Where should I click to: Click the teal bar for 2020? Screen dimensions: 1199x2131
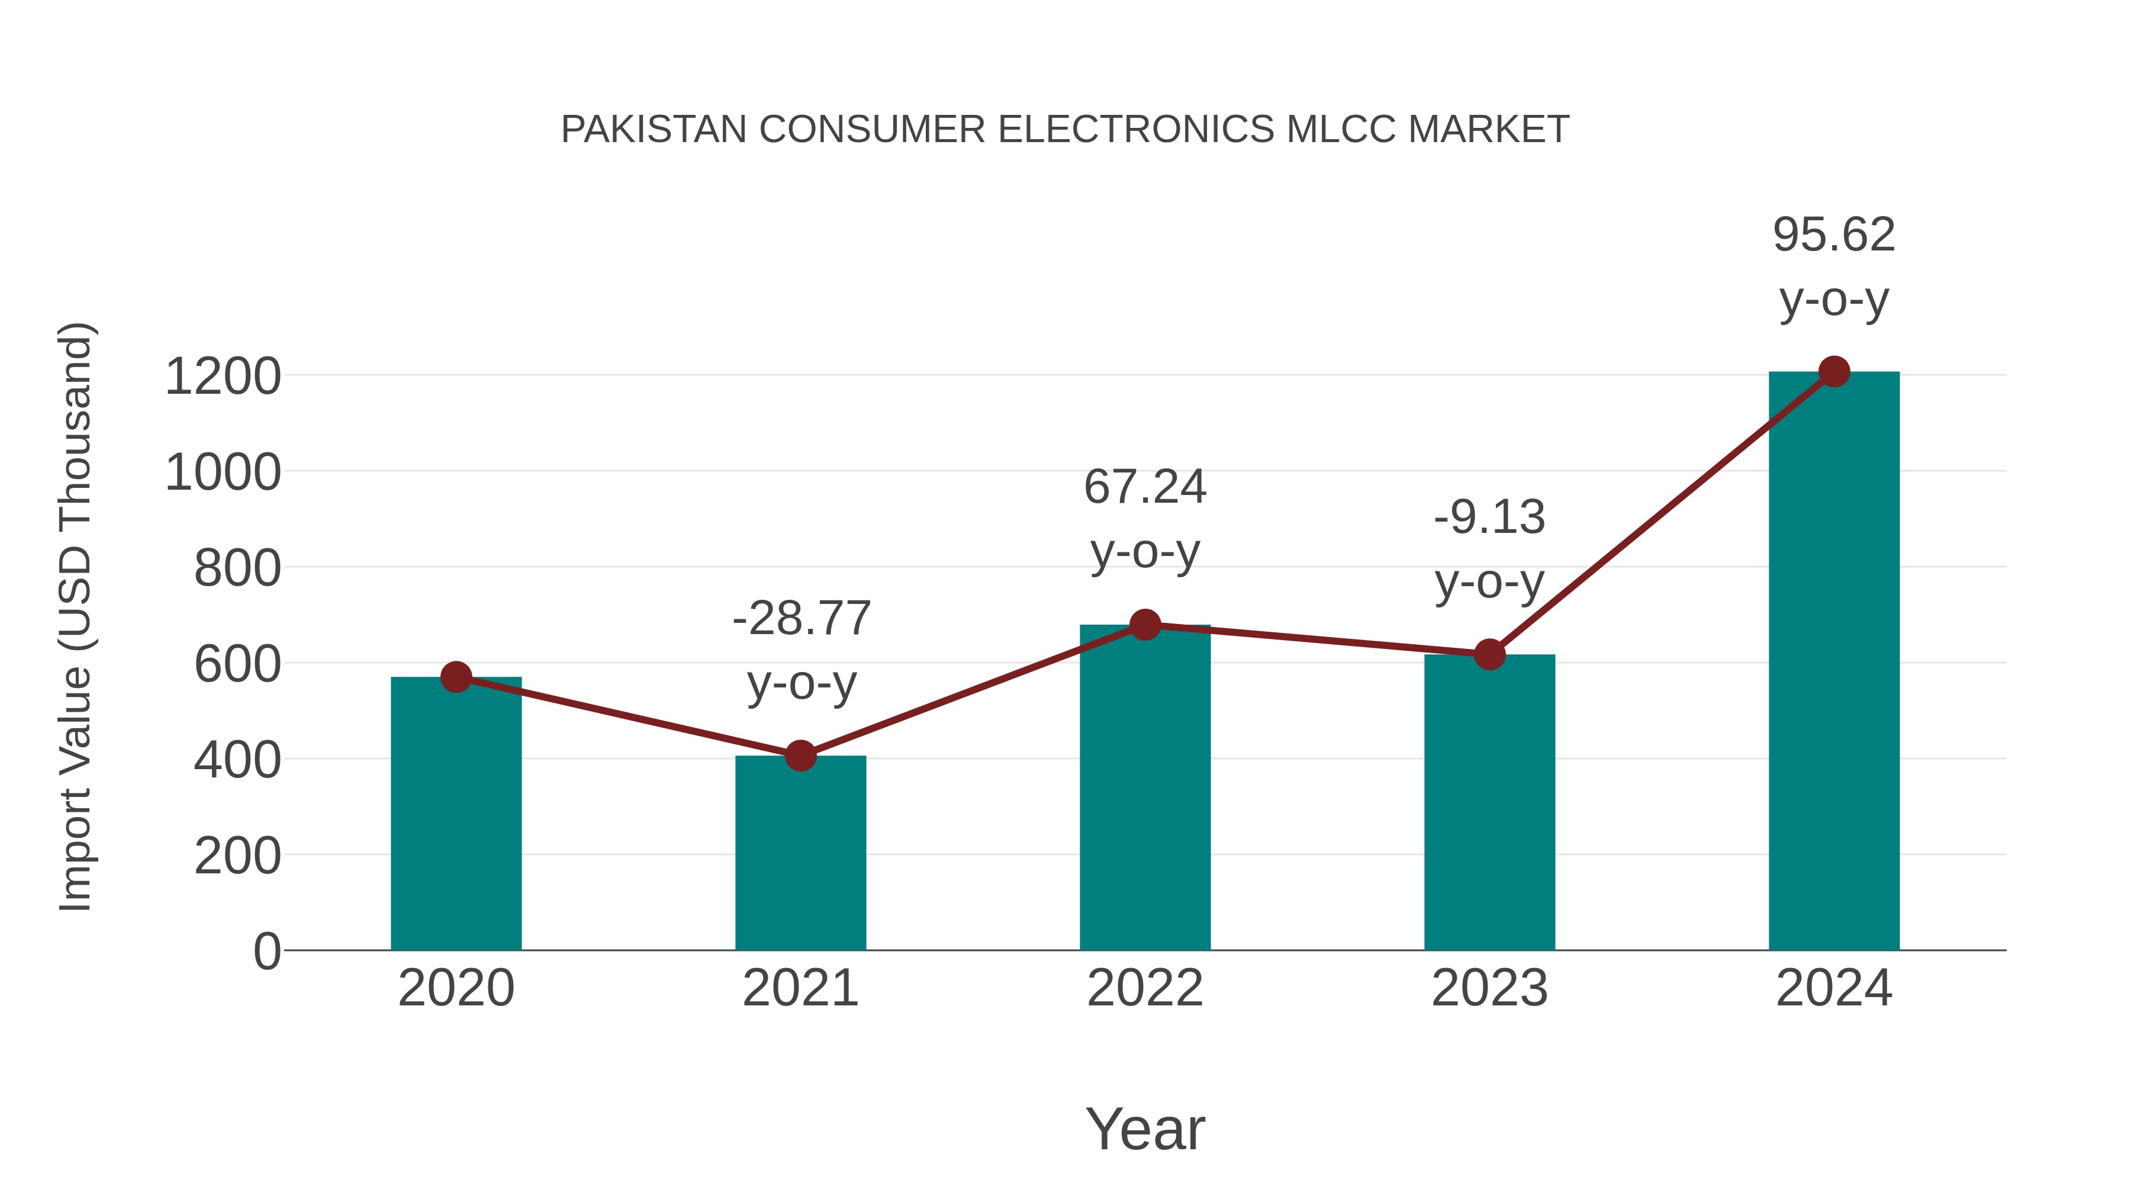(x=456, y=815)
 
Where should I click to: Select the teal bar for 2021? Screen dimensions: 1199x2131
(x=800, y=853)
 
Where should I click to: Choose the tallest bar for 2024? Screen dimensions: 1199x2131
(x=1834, y=662)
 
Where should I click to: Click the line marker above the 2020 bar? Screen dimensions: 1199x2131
(x=456, y=677)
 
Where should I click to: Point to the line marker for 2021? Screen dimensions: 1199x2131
(x=800, y=755)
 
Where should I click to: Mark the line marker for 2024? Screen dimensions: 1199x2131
(x=1834, y=371)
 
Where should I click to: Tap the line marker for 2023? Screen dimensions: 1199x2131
(x=1489, y=654)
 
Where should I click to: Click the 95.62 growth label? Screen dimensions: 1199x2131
(x=1834, y=235)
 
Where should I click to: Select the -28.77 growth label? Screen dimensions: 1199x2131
(x=801, y=619)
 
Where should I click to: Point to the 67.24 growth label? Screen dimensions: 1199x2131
(x=1145, y=487)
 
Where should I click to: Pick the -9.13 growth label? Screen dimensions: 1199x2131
(x=1489, y=518)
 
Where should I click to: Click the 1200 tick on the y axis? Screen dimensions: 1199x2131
(x=223, y=377)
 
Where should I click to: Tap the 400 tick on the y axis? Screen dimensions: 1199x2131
(x=237, y=760)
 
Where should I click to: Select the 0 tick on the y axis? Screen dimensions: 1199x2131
(x=266, y=951)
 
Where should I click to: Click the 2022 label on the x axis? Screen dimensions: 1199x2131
(x=1145, y=988)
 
